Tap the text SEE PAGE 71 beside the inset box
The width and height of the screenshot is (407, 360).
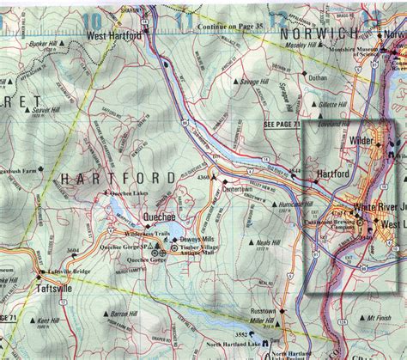(x=283, y=125)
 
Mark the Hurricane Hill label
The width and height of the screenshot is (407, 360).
(x=294, y=205)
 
